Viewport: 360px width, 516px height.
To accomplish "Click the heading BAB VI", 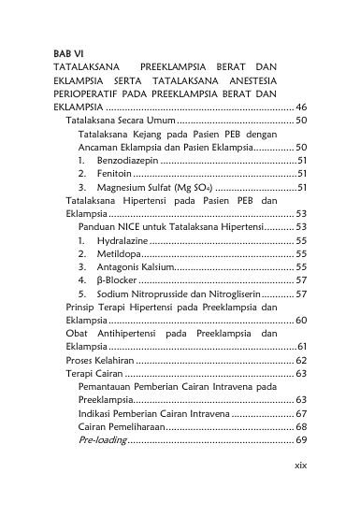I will coord(70,53).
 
